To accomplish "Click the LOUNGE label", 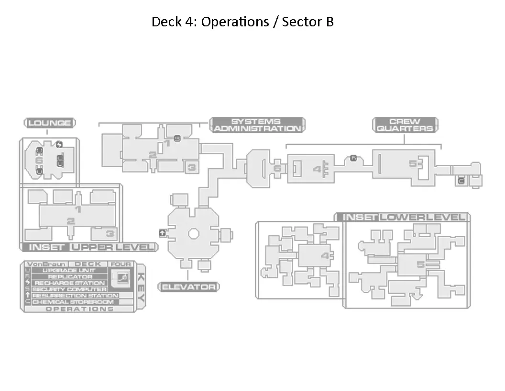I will (50, 123).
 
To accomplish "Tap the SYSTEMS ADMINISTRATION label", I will (257, 125).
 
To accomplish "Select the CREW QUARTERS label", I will (405, 125).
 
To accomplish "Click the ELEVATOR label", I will (188, 287).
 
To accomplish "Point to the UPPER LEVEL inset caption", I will (113, 247).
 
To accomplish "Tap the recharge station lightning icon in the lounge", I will (59, 144).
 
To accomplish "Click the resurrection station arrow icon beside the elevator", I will (163, 233).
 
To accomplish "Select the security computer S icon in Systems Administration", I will (177, 138).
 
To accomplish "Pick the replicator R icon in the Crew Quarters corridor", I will (353, 158).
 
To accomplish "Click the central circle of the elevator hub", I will (193, 233).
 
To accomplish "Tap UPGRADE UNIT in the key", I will (69, 271).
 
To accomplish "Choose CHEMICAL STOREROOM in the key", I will (73, 302).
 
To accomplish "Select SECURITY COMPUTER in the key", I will (69, 289).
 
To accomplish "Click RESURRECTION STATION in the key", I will (75, 296).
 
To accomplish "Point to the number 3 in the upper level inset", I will (110, 234).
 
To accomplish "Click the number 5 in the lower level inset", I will (420, 264).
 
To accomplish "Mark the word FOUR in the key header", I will (121, 264).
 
